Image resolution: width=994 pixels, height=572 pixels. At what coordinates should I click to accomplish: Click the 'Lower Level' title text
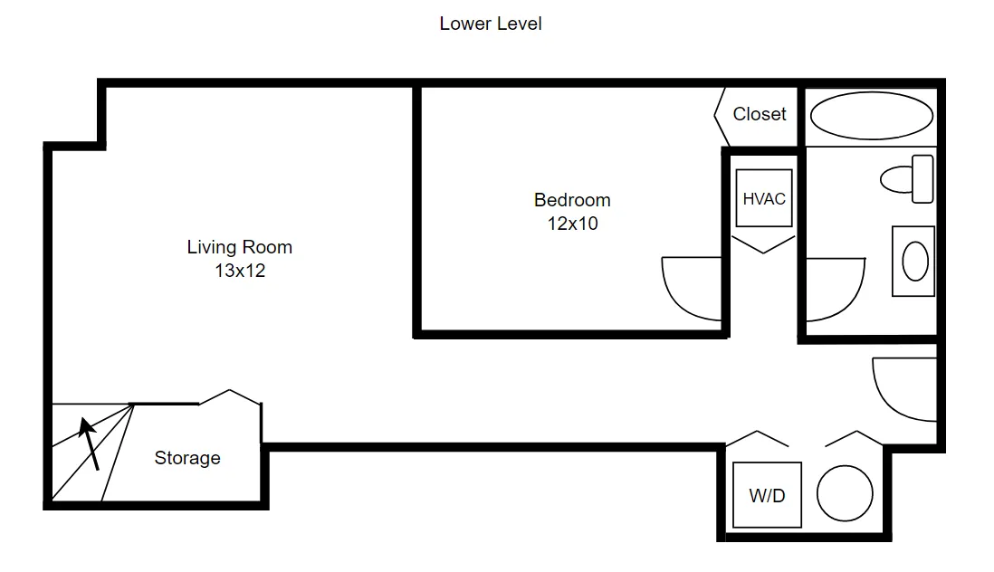[x=490, y=24]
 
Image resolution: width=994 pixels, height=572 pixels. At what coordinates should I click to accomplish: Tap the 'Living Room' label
[x=239, y=246]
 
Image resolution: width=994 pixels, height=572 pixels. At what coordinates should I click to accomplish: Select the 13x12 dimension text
[x=239, y=270]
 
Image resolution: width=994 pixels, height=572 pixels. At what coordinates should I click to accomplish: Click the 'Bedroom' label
[x=571, y=200]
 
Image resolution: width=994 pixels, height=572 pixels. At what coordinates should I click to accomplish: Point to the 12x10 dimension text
[x=571, y=224]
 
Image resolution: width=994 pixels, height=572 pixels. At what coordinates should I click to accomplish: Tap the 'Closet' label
[x=759, y=114]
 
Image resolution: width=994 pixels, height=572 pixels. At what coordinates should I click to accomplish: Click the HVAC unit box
[x=763, y=198]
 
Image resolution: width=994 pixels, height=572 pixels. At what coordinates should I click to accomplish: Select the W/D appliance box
[x=766, y=495]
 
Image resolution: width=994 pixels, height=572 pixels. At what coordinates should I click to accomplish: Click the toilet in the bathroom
[x=908, y=178]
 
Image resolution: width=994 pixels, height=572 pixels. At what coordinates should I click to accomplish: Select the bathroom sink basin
[x=915, y=262]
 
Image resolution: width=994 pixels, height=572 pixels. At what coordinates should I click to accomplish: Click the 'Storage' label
[x=186, y=458]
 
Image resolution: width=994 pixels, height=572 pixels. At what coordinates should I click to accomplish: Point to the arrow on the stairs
[x=89, y=443]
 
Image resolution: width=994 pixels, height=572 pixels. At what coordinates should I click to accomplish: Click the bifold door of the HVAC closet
[x=763, y=243]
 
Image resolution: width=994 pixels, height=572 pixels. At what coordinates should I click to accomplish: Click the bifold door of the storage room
[x=230, y=396]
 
